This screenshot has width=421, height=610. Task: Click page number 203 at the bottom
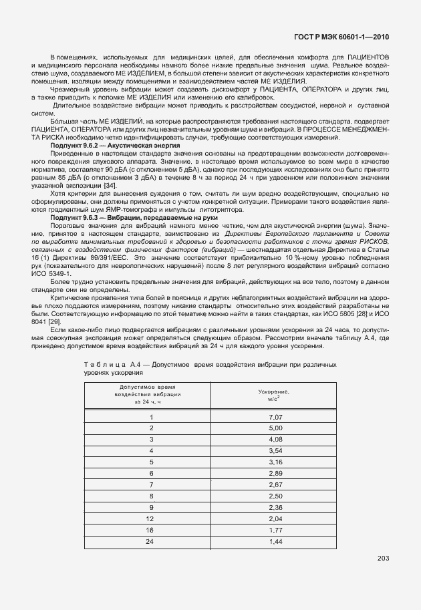point(382,559)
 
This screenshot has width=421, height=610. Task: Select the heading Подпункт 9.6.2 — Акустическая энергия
point(106,144)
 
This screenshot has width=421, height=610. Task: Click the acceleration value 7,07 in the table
point(276,416)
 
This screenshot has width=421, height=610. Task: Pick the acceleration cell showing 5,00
point(276,428)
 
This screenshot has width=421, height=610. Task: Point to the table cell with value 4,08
point(276,439)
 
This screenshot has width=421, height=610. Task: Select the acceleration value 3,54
point(276,450)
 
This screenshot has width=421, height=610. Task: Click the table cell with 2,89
point(276,472)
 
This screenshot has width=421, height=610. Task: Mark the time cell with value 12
point(152,518)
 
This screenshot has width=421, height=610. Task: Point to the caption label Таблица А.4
point(110,363)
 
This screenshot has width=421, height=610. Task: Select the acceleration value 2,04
point(276,518)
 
